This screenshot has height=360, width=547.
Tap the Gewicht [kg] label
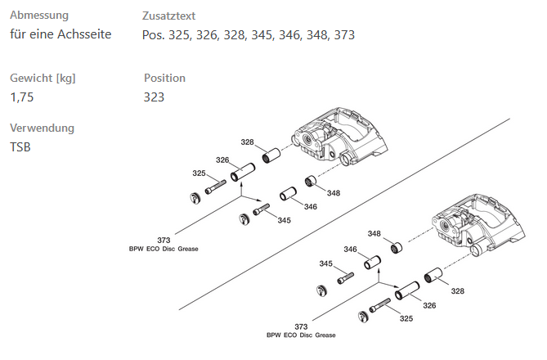tap(43, 78)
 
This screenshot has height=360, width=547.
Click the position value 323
tap(154, 97)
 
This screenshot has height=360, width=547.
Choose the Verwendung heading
tap(42, 128)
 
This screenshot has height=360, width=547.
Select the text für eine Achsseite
tap(61, 35)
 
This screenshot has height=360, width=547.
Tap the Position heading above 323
tap(164, 78)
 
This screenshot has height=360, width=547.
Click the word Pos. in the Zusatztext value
tap(153, 35)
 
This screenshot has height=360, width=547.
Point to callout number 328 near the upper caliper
tap(247, 142)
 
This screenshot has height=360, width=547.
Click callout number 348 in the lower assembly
tap(374, 234)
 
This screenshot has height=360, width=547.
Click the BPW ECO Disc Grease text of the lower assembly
tap(301, 335)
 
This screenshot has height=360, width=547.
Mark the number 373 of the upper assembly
tap(164, 240)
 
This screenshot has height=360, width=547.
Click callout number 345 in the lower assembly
tap(325, 263)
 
